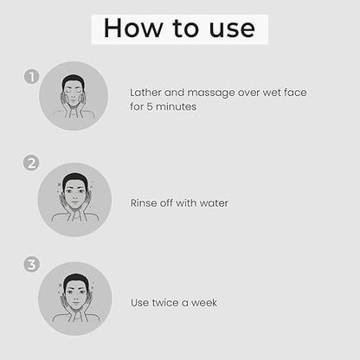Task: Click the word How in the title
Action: (x=133, y=28)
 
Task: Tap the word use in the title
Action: (x=232, y=29)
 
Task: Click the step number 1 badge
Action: (x=31, y=77)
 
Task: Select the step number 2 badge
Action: (x=31, y=163)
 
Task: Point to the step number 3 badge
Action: (x=31, y=265)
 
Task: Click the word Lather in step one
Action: (x=145, y=93)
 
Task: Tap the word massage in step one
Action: (x=211, y=93)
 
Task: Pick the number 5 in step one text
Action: (x=150, y=106)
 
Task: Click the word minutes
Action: (x=176, y=106)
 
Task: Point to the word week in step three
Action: (x=204, y=303)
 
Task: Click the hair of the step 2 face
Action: (x=74, y=179)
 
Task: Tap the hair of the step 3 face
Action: (x=75, y=280)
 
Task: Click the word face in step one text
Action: (x=295, y=93)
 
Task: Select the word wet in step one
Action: (x=272, y=93)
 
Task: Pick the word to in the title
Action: (x=185, y=29)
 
